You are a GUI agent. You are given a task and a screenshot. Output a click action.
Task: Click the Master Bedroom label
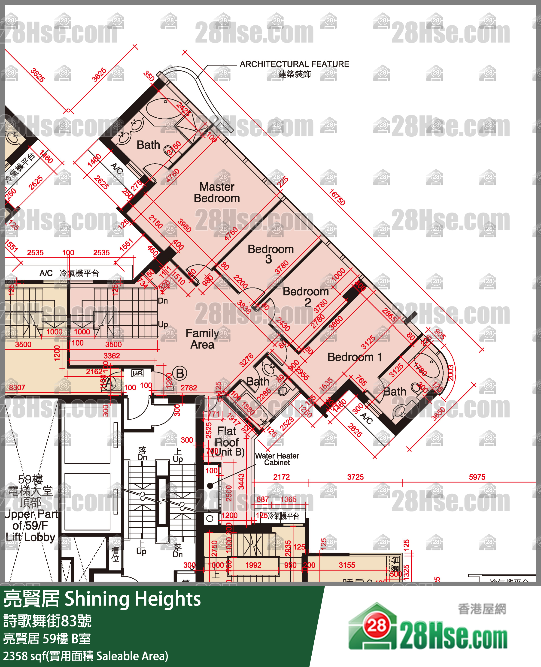pos(217,192)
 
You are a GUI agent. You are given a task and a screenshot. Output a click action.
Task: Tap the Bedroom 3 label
pos(270,254)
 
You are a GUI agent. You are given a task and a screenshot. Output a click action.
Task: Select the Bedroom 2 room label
pos(306,297)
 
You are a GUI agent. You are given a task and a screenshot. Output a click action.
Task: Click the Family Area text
pos(202,339)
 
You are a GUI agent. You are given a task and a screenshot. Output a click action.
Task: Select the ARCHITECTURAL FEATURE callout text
pos(294,64)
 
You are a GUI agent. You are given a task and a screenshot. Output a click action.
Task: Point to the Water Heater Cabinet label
pos(277,459)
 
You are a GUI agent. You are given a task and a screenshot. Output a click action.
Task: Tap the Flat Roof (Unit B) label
pos(227,441)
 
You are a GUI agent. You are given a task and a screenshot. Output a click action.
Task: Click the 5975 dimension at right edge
pos(477,477)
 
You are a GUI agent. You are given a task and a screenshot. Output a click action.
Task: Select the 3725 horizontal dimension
pos(355,477)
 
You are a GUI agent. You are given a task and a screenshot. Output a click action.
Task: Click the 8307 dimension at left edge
pos(17,387)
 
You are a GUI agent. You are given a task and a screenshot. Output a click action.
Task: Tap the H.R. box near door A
pos(137,373)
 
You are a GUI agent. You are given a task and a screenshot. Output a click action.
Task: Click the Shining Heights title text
pos(133,599)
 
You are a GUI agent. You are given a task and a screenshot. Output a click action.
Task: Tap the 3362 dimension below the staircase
pos(112,356)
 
